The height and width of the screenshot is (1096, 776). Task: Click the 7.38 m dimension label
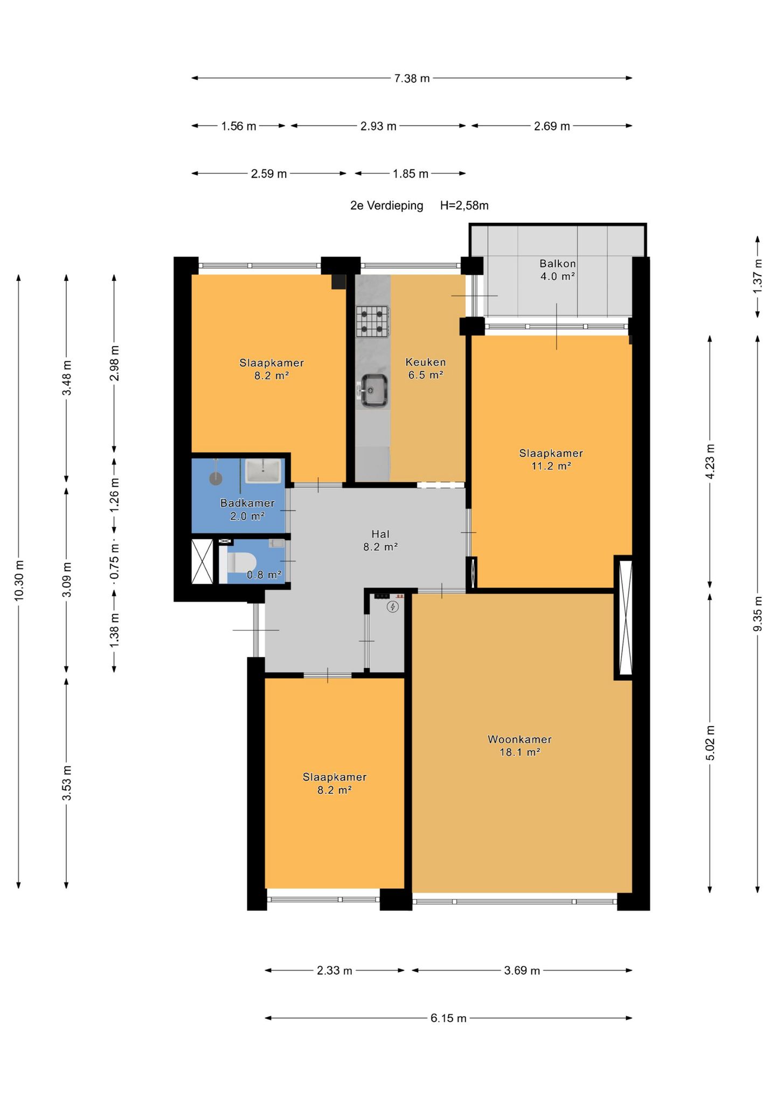click(x=412, y=79)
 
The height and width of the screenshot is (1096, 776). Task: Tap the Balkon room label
click(x=558, y=264)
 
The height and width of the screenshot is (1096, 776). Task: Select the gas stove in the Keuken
click(x=372, y=321)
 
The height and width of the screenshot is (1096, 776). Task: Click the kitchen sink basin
click(x=374, y=390)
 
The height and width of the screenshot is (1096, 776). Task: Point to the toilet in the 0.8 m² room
click(x=238, y=563)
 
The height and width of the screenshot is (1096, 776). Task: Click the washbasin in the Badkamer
click(x=263, y=471)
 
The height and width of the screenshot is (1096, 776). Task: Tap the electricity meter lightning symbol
click(x=393, y=607)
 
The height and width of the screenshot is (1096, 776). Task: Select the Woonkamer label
click(x=519, y=739)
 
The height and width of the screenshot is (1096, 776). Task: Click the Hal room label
click(x=380, y=534)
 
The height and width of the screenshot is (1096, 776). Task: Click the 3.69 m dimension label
click(x=522, y=971)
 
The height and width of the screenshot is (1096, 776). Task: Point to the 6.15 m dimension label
click(x=448, y=1018)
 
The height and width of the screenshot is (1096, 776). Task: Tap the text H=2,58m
click(x=464, y=206)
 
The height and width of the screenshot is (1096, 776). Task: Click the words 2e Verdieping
click(x=386, y=206)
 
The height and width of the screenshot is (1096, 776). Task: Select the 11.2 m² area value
click(x=551, y=466)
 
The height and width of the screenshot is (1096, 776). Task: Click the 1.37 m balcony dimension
click(x=757, y=277)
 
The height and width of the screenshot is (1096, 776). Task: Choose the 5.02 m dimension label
click(x=710, y=743)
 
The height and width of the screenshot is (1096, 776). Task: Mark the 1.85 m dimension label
click(x=410, y=174)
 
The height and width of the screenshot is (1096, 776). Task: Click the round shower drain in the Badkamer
click(x=216, y=477)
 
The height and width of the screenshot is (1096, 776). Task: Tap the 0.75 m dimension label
click(x=114, y=563)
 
